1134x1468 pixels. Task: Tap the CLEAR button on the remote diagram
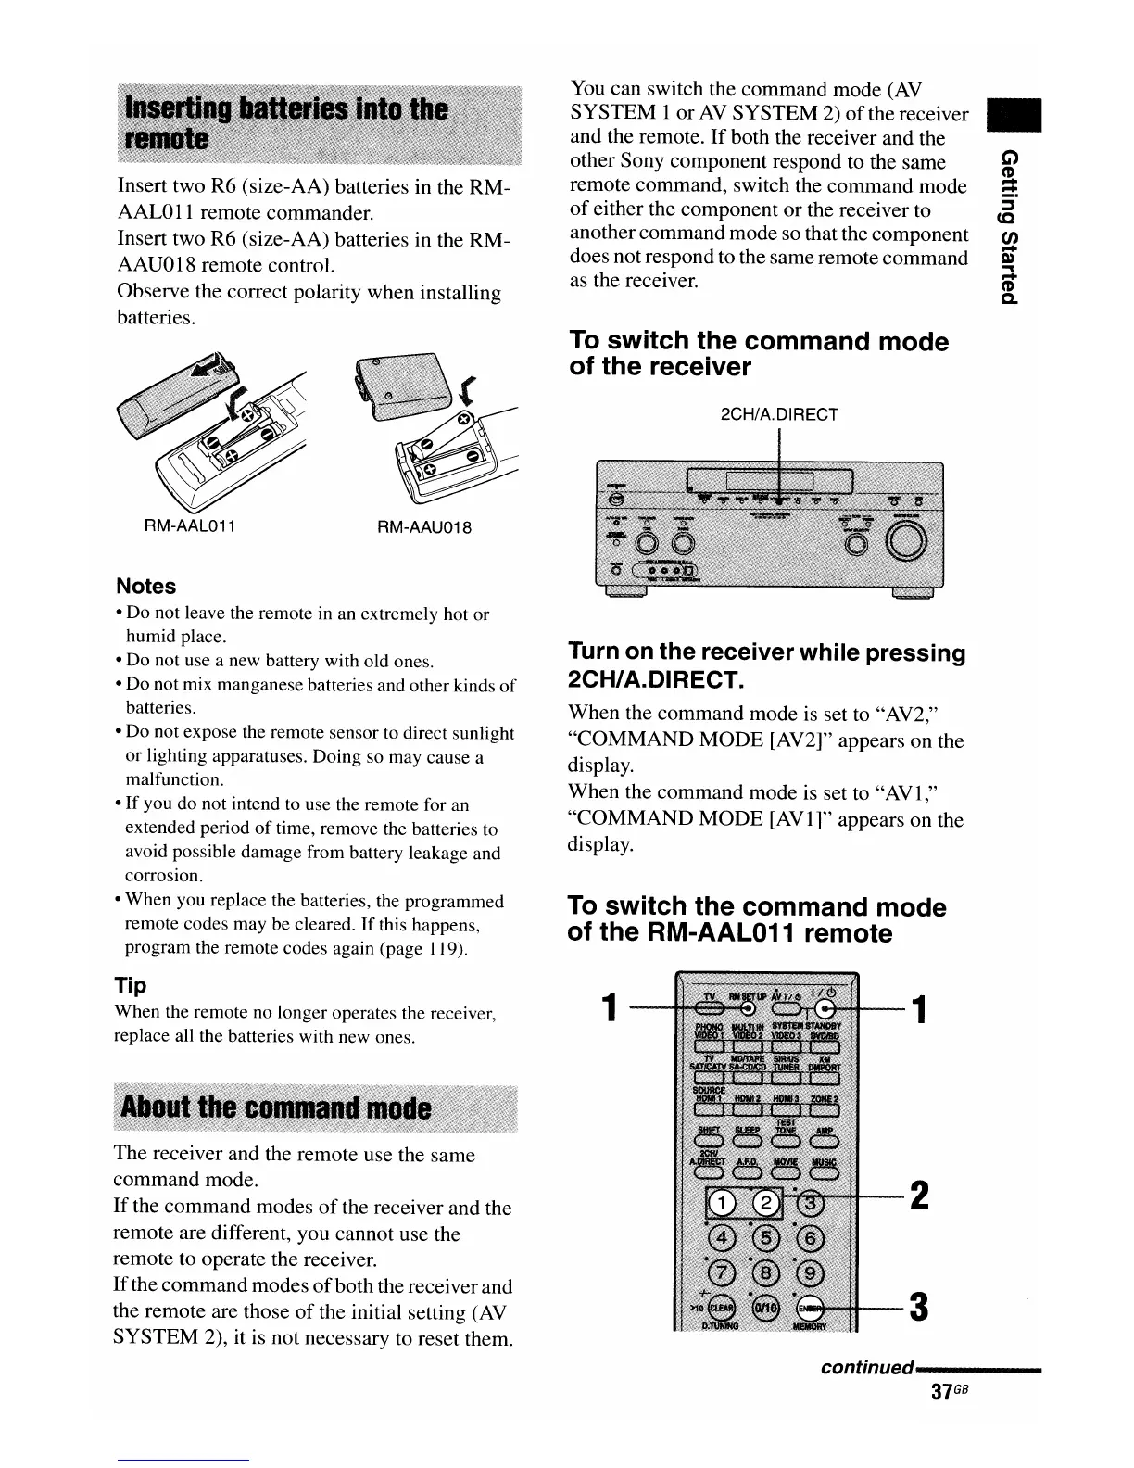[721, 1306]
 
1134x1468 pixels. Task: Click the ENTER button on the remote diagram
[809, 1306]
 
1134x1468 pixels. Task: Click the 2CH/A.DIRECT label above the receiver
[779, 414]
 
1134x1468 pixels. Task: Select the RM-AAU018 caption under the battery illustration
[425, 527]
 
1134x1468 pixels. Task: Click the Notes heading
[145, 586]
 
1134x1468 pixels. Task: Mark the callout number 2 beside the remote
[919, 1195]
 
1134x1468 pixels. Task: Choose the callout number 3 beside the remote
[919, 1307]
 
